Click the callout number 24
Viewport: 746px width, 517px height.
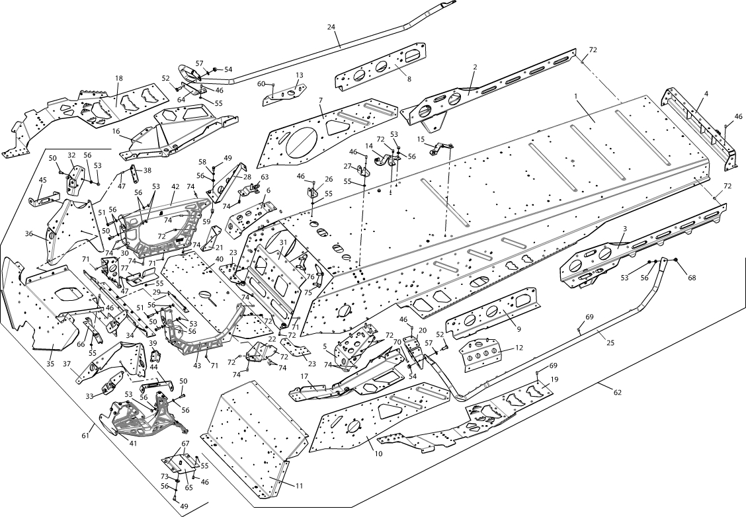tap(331, 27)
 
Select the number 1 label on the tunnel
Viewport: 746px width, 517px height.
tap(576, 96)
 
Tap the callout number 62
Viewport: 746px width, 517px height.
tap(618, 393)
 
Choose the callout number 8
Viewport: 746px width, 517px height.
tap(409, 79)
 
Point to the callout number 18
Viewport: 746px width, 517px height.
tap(119, 79)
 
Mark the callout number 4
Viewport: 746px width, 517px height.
tap(706, 94)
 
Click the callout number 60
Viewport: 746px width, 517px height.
tap(261, 84)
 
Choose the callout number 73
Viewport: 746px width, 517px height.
tap(164, 476)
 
